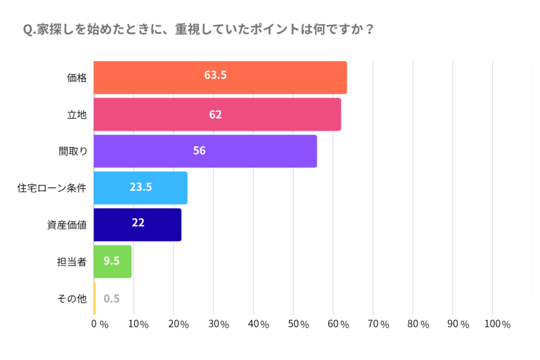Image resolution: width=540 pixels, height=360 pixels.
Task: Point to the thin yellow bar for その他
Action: click(95, 298)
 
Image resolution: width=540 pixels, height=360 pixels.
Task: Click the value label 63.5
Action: click(215, 75)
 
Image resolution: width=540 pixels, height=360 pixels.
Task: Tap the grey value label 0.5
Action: click(112, 299)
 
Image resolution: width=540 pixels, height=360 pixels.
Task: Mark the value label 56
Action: click(199, 151)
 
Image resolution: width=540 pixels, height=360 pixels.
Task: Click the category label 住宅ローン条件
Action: click(52, 188)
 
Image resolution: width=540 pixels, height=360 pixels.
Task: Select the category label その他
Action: click(71, 299)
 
